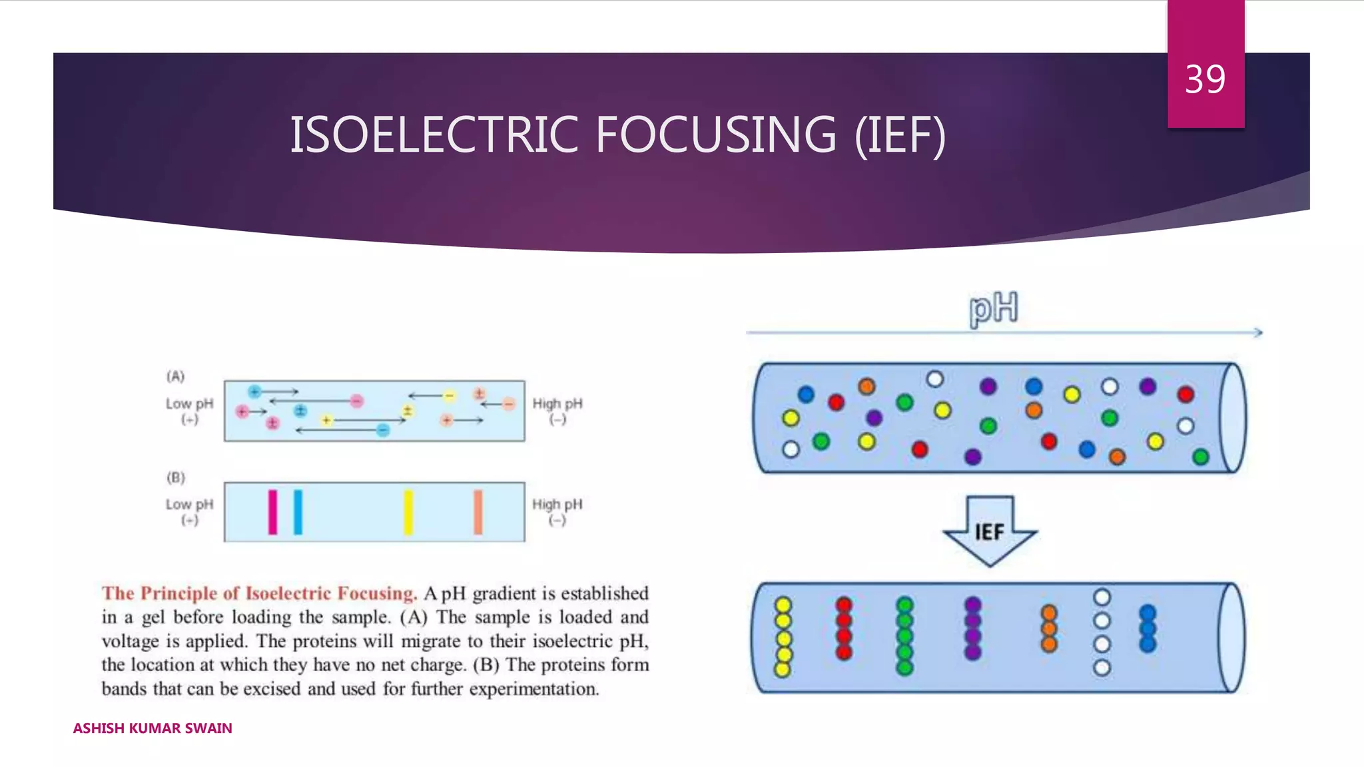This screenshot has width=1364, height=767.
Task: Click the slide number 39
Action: (1205, 80)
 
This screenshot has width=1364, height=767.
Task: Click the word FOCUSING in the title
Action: (716, 135)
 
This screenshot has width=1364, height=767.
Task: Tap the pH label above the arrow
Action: (993, 309)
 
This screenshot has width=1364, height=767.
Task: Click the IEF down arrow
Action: (990, 531)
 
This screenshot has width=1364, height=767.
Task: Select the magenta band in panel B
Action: (272, 512)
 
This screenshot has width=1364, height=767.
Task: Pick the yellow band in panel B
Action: (408, 512)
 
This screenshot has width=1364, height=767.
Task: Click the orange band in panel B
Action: (478, 512)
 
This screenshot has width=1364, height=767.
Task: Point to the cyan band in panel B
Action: (298, 512)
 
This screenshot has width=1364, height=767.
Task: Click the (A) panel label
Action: (175, 376)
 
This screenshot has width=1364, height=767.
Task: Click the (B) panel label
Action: (176, 477)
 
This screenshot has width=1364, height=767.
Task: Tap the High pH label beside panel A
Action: (557, 404)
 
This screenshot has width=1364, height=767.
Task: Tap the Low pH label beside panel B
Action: (189, 505)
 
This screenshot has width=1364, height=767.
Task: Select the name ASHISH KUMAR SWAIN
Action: (153, 728)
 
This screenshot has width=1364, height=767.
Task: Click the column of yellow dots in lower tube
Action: (783, 637)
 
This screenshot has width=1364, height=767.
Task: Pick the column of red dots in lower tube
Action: (844, 629)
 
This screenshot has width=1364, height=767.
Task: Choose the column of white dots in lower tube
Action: (1102, 633)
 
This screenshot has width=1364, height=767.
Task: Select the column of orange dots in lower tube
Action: (1049, 629)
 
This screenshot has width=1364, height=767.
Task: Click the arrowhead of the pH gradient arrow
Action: (1258, 332)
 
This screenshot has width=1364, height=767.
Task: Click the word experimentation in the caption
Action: (533, 689)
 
